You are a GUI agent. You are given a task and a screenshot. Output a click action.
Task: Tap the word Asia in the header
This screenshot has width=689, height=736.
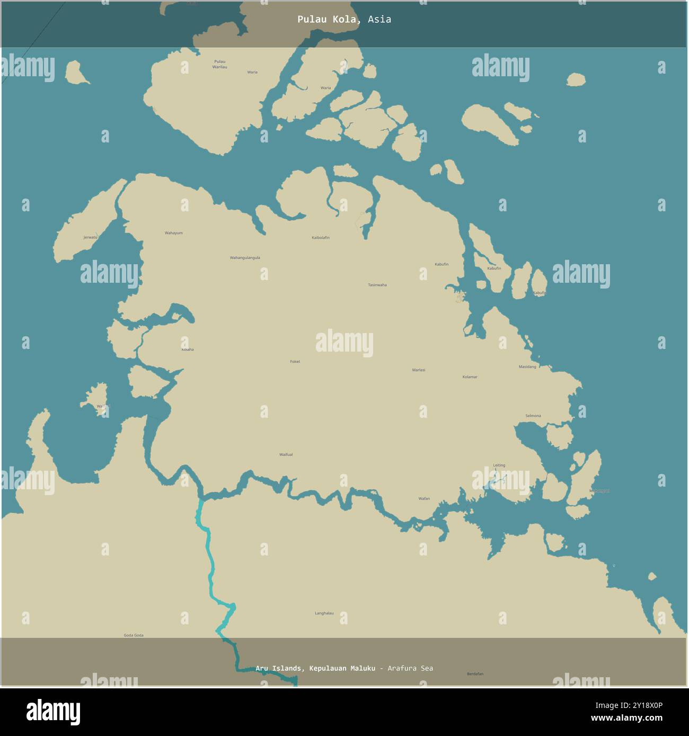(x=379, y=20)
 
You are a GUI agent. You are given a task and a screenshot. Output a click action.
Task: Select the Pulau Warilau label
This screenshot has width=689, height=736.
(x=219, y=65)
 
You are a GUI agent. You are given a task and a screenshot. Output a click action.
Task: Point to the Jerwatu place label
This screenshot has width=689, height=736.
(x=91, y=237)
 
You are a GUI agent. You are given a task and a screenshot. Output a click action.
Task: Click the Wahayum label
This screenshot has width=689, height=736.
(x=173, y=233)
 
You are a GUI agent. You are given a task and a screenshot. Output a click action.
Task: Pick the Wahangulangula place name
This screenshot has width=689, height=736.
(x=245, y=258)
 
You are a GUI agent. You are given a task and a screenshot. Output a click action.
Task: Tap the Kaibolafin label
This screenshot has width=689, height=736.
(x=320, y=238)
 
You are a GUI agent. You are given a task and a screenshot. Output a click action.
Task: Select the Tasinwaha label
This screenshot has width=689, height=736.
(x=377, y=285)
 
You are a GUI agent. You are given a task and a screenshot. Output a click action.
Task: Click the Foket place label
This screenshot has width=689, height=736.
(x=295, y=362)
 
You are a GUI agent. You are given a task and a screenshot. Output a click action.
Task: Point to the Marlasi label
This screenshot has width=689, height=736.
(x=419, y=370)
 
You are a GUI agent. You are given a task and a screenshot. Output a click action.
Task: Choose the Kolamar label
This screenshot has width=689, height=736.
(x=470, y=377)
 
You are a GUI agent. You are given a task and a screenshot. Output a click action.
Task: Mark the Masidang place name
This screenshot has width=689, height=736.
(x=527, y=366)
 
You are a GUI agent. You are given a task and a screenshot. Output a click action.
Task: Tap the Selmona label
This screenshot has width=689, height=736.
(x=533, y=416)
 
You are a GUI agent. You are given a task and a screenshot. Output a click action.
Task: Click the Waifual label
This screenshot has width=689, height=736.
(x=286, y=454)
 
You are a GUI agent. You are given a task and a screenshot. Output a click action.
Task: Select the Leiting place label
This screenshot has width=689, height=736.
(x=499, y=465)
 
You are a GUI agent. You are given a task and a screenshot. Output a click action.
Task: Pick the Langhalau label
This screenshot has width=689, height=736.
(x=324, y=613)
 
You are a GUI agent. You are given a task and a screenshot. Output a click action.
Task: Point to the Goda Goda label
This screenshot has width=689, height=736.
(x=134, y=635)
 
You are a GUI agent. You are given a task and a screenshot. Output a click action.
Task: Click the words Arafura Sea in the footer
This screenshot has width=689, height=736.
(x=410, y=668)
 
